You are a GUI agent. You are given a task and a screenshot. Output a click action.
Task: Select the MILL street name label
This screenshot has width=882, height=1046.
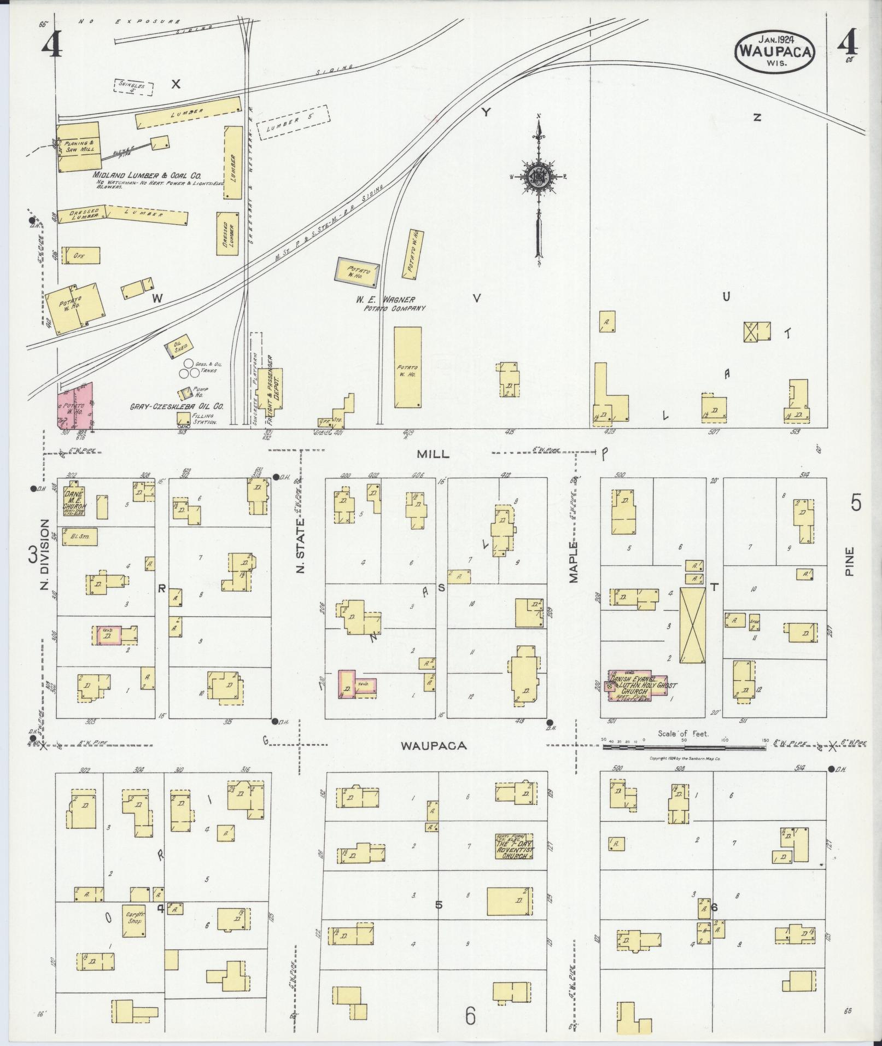[433, 454]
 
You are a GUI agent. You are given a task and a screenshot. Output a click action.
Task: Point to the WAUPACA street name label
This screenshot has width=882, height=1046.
[433, 746]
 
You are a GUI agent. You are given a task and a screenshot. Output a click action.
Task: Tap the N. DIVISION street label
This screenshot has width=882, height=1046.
[44, 554]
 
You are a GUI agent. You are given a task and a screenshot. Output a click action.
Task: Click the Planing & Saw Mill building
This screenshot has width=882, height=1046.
[79, 147]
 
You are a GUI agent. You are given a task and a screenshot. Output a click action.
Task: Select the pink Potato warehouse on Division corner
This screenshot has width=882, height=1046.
[74, 405]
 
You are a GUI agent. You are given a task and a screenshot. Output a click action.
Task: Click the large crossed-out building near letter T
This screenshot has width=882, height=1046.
[692, 625]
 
